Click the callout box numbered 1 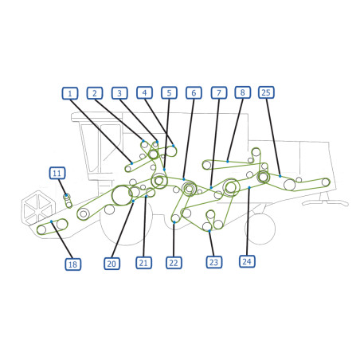coord(70,93)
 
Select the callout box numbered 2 coord(95,93)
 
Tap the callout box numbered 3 coord(119,93)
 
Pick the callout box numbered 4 coord(144,92)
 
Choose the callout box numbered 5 coord(169,93)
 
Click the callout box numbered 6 coord(194,93)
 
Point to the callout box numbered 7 coord(219,93)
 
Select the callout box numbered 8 coord(243,92)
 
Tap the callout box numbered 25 coord(266,92)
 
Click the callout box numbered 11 coord(57,174)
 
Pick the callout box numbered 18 coord(73,264)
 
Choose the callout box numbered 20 coord(112,264)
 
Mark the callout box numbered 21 coord(143,263)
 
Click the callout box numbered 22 coord(174,263)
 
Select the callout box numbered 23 coord(214,262)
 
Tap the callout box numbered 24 coord(247,261)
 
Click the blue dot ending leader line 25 coord(280,176)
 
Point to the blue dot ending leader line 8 coord(228,162)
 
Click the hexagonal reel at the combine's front coord(38,207)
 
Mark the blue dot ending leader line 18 coord(52,221)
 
